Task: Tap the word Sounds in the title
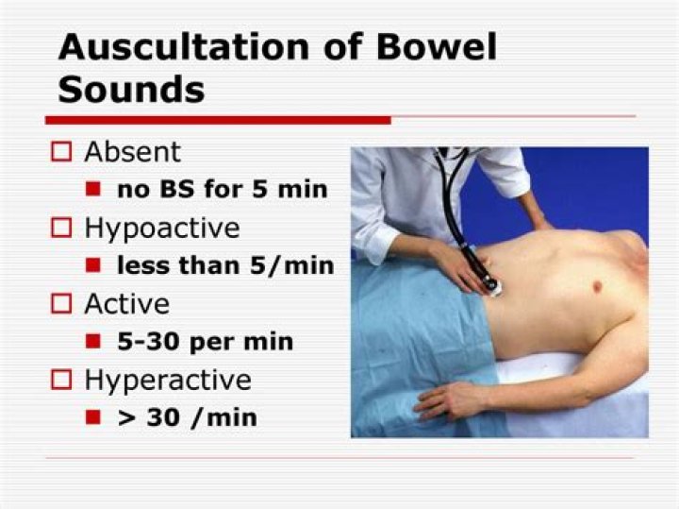pos(131,89)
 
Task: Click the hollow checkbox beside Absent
pos(62,153)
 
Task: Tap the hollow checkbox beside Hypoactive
pos(62,229)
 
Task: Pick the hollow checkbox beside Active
pos(62,304)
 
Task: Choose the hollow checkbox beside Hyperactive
pos(62,380)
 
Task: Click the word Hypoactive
pos(162,229)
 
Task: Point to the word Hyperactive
pos(168,380)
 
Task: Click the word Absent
pos(132,152)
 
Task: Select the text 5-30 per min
pos(205,341)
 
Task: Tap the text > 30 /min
pos(187,416)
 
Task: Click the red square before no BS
pos(93,189)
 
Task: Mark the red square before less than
pos(93,265)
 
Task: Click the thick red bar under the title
pos(218,120)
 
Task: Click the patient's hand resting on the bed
pos(442,400)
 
